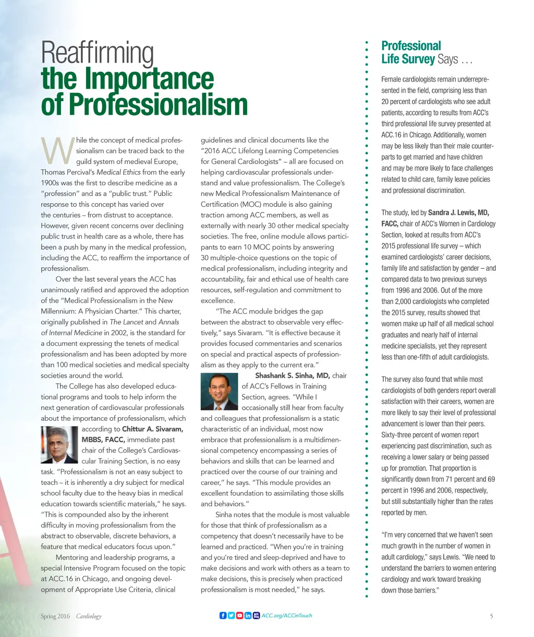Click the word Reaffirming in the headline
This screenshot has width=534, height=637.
pos(97,54)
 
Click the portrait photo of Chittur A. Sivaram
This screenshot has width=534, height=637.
pos(59,445)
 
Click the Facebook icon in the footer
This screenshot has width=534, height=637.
pos(223,616)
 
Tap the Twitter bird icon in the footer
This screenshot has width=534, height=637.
pos(232,616)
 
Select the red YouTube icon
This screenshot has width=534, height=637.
pos(240,616)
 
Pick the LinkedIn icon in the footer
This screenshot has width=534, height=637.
pos(248,616)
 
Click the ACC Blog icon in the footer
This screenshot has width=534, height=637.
pos(256,616)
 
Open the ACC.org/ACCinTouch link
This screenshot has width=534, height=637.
pos(286,616)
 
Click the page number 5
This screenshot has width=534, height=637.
pos(491,616)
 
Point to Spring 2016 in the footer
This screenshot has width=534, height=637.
pos(55,616)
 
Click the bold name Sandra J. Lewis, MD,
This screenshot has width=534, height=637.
pos(458,213)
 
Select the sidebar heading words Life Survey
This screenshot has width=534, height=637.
pos(408,59)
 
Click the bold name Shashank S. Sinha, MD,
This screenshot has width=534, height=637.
pos(292,376)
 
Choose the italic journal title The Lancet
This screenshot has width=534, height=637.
pos(126,322)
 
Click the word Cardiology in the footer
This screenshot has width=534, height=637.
pos(89,616)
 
